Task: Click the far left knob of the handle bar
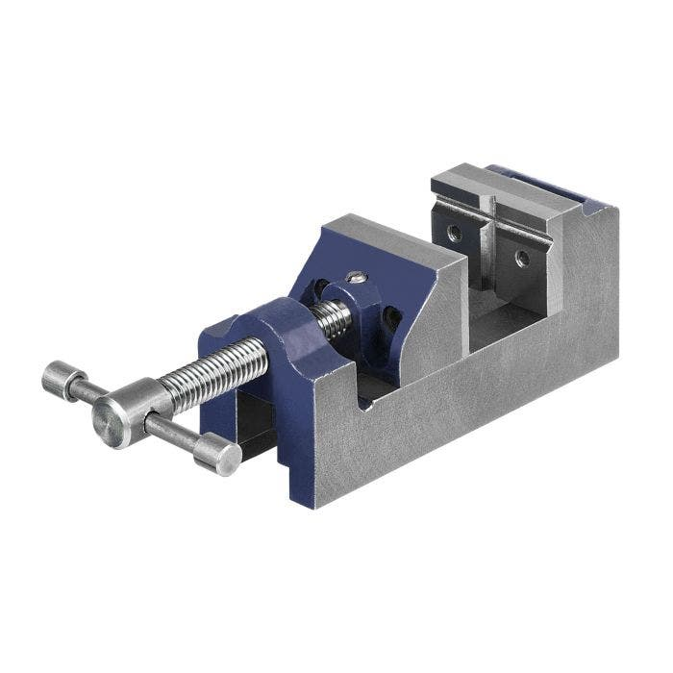click(60, 379)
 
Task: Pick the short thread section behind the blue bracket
click(333, 318)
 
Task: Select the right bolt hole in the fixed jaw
click(520, 258)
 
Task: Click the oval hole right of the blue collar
click(391, 317)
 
